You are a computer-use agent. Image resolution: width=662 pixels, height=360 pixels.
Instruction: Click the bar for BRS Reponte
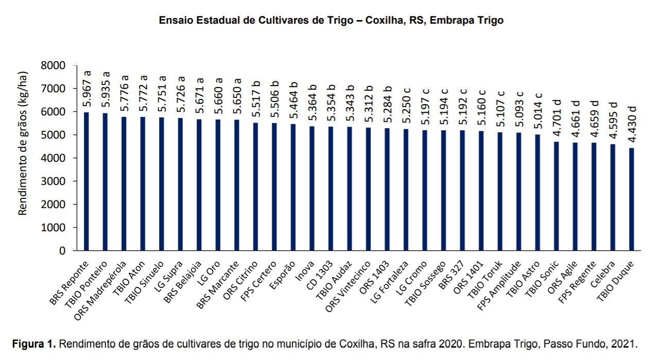[x=86, y=181]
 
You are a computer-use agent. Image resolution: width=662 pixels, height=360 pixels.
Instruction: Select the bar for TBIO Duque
[x=632, y=199]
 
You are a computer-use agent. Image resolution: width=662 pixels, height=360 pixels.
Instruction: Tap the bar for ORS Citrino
[x=255, y=186]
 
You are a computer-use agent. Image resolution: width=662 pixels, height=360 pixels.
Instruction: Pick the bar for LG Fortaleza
[x=406, y=190]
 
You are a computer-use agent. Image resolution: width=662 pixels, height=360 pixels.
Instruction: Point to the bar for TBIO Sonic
[x=556, y=196]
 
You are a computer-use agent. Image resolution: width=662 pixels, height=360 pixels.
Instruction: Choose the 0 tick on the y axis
[x=62, y=251]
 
